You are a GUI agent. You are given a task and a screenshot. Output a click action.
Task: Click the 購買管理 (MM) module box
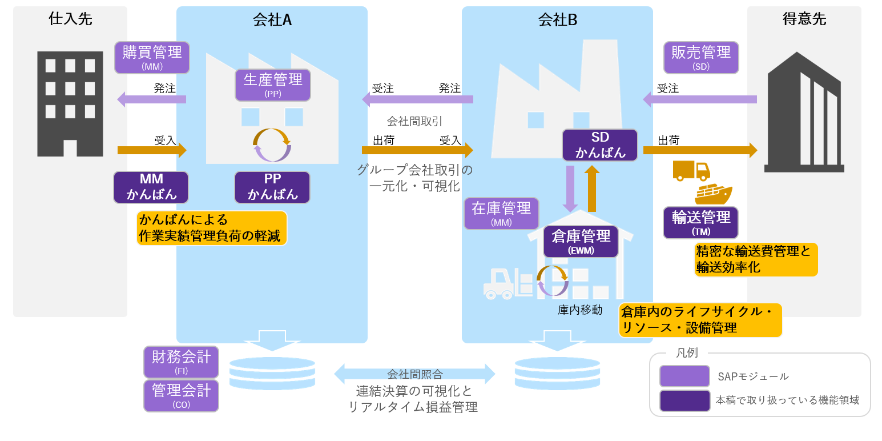pyautogui.click(x=152, y=57)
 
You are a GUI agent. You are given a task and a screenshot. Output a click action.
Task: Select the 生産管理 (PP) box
pyautogui.click(x=273, y=85)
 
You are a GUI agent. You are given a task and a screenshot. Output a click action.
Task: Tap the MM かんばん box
pyautogui.click(x=151, y=187)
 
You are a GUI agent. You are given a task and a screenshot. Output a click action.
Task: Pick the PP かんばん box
pyautogui.click(x=272, y=187)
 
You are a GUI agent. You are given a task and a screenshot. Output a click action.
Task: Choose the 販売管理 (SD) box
pyautogui.click(x=701, y=57)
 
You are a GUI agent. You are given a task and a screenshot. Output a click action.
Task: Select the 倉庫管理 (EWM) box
pyautogui.click(x=581, y=240)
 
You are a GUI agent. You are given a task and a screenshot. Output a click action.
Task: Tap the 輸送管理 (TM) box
pyautogui.click(x=701, y=223)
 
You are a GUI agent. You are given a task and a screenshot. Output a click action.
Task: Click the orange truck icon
pyautogui.click(x=691, y=171)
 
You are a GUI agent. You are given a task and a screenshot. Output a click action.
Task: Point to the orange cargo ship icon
pyautogui.click(x=713, y=194)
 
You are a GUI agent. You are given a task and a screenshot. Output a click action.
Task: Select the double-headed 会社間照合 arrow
pyautogui.click(x=414, y=374)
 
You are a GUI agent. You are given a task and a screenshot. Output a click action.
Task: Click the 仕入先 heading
pyautogui.click(x=70, y=19)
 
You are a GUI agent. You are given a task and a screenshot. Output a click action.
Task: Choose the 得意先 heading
pyautogui.click(x=804, y=19)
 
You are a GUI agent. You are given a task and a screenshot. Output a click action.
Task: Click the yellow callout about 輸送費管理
pyautogui.click(x=756, y=259)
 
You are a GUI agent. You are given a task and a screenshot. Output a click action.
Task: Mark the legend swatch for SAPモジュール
pyautogui.click(x=684, y=376)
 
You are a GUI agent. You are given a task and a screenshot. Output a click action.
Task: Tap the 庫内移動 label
pyautogui.click(x=580, y=310)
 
